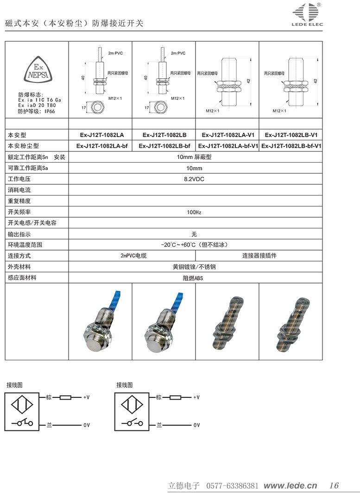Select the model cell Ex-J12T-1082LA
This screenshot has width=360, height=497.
pos(101,135)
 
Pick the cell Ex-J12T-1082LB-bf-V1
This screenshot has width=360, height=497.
pos(291,146)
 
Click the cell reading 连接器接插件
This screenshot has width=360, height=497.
pos(259,256)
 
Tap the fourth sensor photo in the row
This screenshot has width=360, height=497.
pos(291,321)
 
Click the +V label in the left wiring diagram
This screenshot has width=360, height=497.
pos(86,397)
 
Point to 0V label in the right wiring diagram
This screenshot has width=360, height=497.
pos(196,425)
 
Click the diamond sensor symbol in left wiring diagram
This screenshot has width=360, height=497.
pos(22,404)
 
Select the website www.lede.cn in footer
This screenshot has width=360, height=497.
pos(291,485)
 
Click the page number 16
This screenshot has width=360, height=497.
pos(334,485)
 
